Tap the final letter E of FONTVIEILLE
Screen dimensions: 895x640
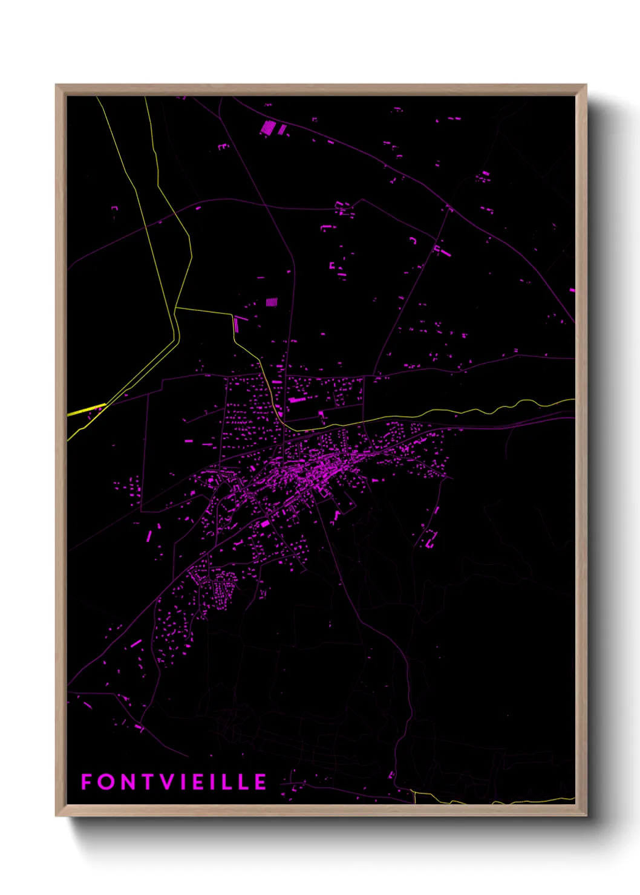pos(261,782)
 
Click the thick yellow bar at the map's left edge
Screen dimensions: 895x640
pos(86,409)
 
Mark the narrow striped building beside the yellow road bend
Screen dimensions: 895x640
pos(236,325)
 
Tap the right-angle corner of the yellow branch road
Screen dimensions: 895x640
pos(232,314)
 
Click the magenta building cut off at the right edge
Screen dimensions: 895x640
pos(572,290)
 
